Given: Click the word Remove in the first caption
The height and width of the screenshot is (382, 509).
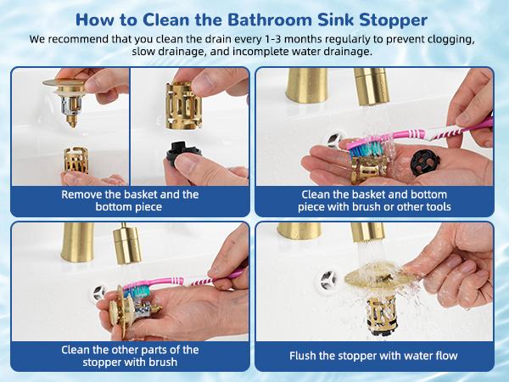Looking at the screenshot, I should [x=83, y=194].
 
